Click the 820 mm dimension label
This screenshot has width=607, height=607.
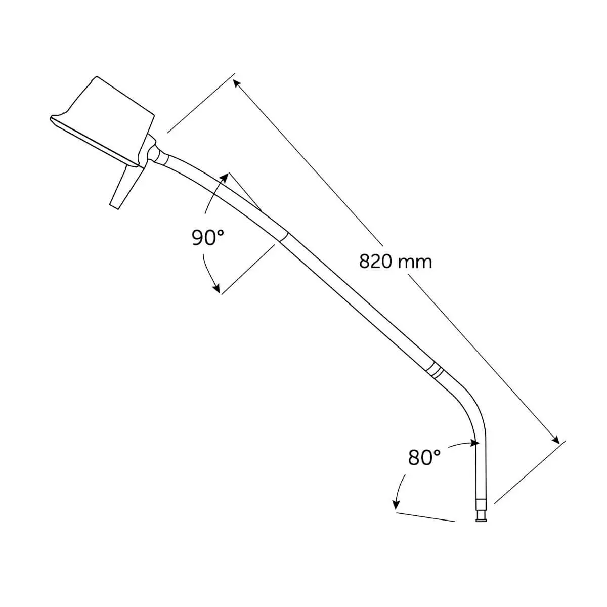pyautogui.click(x=395, y=262)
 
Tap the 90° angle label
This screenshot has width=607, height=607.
pyautogui.click(x=207, y=237)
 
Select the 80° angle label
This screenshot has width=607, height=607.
pyautogui.click(x=424, y=458)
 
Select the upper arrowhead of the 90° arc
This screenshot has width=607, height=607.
pyautogui.click(x=224, y=178)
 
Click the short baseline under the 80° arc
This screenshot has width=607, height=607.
pyautogui.click(x=425, y=516)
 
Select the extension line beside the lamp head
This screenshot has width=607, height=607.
pyautogui.click(x=201, y=103)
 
